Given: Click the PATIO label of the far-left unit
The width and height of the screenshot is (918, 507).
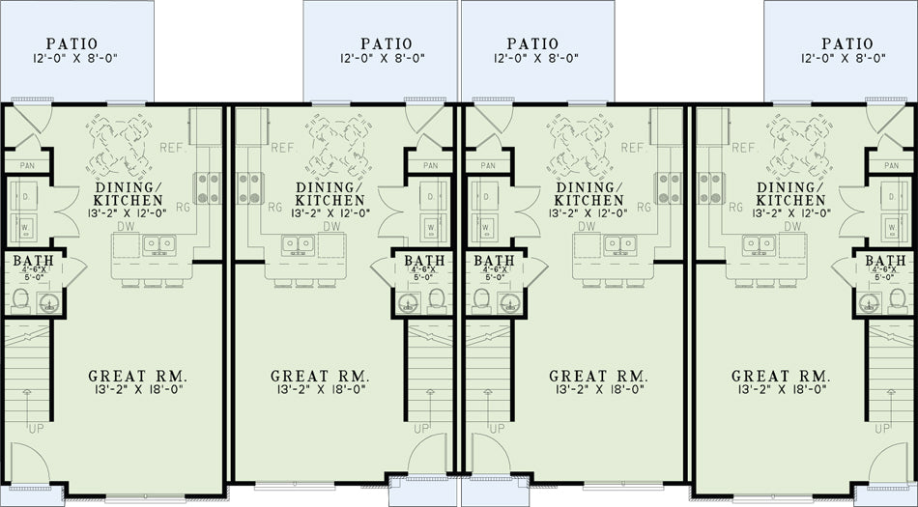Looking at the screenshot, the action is coord(72,43).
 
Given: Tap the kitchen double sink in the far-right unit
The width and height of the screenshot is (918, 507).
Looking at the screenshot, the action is coord(760,245).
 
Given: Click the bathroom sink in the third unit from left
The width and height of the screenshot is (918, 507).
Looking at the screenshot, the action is coord(509,303).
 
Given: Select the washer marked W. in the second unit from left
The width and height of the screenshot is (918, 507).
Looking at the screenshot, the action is coord(432,226).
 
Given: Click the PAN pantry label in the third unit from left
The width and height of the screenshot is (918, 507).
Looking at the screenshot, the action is coord(487,166).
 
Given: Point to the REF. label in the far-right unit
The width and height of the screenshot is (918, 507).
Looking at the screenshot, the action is coord(744,148).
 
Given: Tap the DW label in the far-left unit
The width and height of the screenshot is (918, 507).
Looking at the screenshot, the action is coord(126,226).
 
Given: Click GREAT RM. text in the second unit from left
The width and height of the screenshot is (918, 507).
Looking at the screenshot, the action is coord(319,376).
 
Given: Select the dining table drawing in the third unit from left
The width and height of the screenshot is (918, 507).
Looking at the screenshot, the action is coord(580,147).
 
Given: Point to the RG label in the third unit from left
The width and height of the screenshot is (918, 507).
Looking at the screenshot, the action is coord(644,207).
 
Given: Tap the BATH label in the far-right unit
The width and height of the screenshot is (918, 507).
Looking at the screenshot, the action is coord(884,260).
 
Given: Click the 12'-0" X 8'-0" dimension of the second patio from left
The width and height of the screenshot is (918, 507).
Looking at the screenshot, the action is coord(382,58).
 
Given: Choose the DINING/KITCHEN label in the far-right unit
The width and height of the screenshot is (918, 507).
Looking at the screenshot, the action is coord(790,194).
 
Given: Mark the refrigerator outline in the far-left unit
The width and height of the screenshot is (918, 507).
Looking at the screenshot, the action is coord(201,127).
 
